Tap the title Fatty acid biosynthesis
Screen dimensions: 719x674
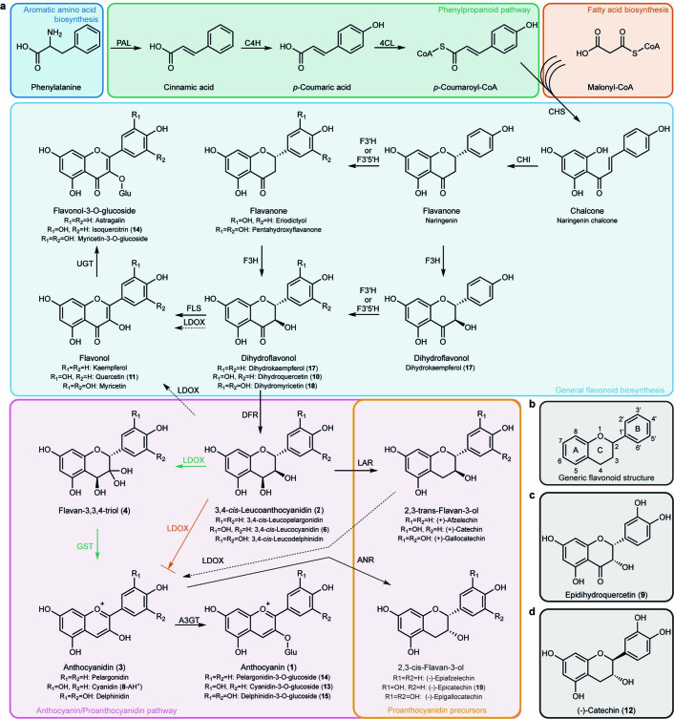pyautogui.click(x=618, y=11)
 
